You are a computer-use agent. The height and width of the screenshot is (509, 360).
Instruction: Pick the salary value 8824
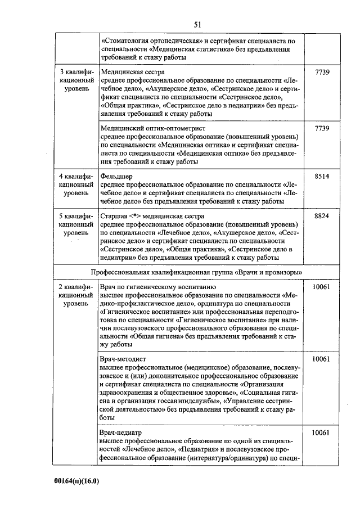click(x=322, y=215)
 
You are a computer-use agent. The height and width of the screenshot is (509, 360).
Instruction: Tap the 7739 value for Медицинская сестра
click(x=322, y=73)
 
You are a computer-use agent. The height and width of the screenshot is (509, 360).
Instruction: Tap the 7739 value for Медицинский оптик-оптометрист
click(x=322, y=128)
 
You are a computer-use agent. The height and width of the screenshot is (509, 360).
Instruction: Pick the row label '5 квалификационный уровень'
click(x=76, y=224)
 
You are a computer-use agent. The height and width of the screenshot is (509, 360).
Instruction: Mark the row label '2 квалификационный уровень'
click(x=76, y=295)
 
